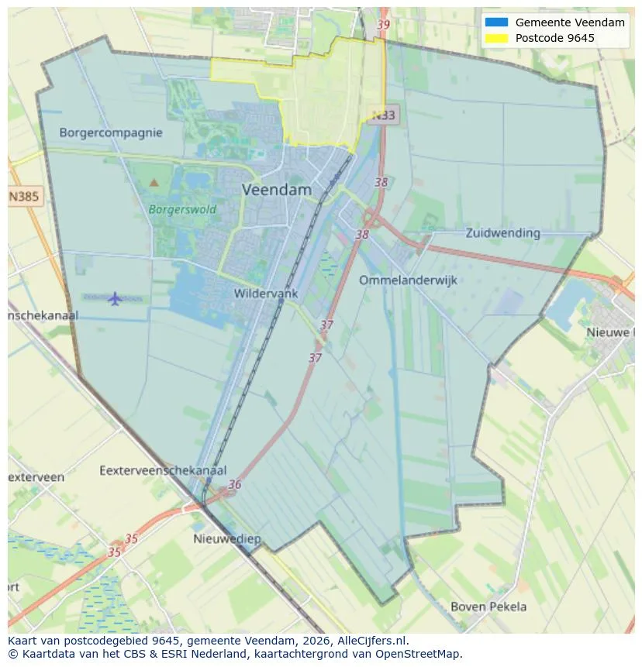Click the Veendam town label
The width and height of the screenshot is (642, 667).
276,190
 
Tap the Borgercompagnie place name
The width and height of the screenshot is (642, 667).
111,132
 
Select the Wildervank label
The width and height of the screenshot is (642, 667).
265,294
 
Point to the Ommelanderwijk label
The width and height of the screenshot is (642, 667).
408,280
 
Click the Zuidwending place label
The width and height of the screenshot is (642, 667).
502,232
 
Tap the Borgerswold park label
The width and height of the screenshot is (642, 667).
182,209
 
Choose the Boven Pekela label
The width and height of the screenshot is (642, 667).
488,607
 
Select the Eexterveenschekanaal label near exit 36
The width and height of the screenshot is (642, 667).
163,470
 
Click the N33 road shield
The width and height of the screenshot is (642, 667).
382,115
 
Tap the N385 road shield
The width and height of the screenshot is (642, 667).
24,197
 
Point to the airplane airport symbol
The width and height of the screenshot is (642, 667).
115,298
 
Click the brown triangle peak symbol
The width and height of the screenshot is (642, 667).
154,183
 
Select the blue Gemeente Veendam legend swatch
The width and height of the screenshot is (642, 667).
495,22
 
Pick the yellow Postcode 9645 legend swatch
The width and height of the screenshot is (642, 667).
495,38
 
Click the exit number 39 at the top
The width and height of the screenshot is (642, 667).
383,25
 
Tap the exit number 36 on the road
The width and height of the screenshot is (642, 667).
234,485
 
